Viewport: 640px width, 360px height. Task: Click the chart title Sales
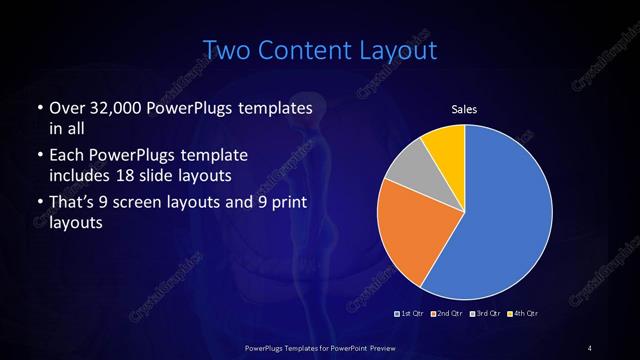[x=464, y=108]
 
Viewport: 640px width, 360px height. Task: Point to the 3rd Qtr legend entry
[x=484, y=314]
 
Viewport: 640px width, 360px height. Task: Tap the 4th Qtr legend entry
[x=523, y=314]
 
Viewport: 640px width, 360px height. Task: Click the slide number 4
[x=590, y=347]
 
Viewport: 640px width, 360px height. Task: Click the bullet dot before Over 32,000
[x=38, y=108]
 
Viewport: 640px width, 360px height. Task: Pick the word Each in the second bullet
[x=68, y=156]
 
